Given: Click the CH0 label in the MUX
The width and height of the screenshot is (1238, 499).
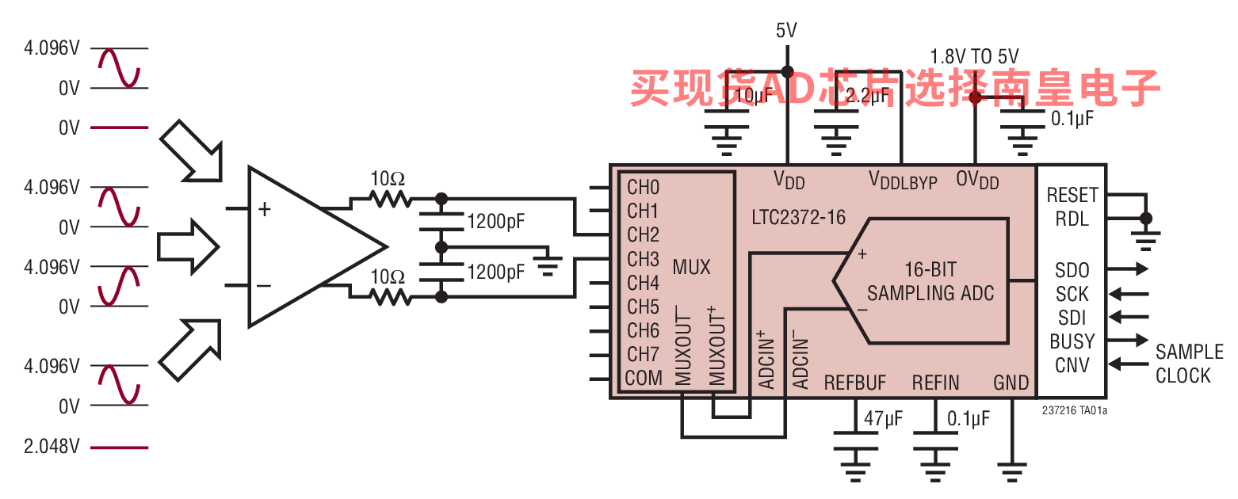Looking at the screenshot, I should pos(643,188).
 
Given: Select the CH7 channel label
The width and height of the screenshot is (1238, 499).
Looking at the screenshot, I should pos(643,354).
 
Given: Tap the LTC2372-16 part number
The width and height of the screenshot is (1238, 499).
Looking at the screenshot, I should pos(800,216).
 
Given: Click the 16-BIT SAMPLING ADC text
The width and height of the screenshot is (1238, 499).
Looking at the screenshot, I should pos(930,280).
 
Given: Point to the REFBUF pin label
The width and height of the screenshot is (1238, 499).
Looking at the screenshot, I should pos(855,383).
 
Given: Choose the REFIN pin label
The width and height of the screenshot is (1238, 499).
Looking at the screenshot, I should pos(935,383).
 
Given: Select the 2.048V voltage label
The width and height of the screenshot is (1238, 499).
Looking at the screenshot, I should pos(52,447).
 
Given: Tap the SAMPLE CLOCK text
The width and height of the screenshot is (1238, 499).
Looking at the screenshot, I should pos(1188,364).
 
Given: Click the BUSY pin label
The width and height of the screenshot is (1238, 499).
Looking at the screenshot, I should pos(1072,341).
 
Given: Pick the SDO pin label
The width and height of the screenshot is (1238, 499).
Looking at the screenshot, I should pos(1072,270).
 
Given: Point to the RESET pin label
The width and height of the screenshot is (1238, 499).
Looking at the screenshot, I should pos(1072,195).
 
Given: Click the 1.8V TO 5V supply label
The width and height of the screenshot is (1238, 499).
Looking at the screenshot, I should pos(974,57).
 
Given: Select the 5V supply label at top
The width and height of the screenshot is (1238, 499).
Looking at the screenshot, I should pos(786,31).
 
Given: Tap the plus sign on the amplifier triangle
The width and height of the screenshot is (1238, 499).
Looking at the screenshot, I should pos(265,209).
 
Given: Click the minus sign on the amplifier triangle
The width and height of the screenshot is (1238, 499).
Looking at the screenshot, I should pos(265,286).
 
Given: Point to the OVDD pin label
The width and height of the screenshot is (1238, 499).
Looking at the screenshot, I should pos(977,181).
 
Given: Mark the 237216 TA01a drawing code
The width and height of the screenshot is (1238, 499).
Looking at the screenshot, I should pos(1075,410).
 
